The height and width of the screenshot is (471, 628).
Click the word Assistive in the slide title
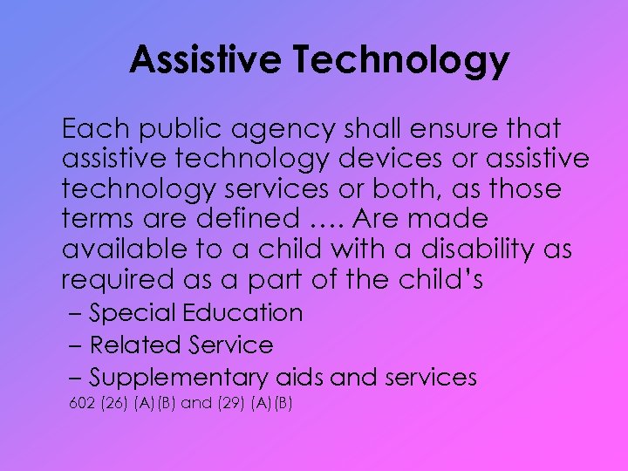204,60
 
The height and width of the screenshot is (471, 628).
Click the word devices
399,160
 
